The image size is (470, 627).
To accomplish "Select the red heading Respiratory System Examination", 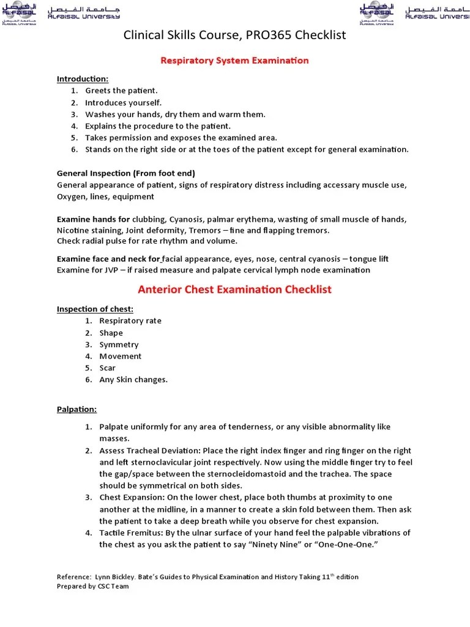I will pyautogui.click(x=234, y=61).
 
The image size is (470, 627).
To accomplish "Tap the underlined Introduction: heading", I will pyautogui.click(x=83, y=79).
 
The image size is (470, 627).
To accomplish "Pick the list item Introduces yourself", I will pyautogui.click(x=123, y=102).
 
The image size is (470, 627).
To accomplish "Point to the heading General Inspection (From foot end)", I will pyautogui.click(x=126, y=173).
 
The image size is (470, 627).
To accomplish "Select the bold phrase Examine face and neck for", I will pyautogui.click(x=108, y=258).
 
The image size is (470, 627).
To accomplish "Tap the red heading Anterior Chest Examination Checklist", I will pyautogui.click(x=234, y=289).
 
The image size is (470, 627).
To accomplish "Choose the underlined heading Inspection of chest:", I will pyautogui.click(x=95, y=309).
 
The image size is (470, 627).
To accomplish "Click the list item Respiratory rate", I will pyautogui.click(x=130, y=321).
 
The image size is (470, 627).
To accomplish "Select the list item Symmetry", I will pyautogui.click(x=119, y=345).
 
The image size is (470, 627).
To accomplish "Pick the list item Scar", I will pyautogui.click(x=108, y=368).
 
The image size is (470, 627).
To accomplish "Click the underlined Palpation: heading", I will pyautogui.click(x=76, y=409).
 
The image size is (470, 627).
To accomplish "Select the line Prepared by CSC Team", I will pyautogui.click(x=93, y=586).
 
